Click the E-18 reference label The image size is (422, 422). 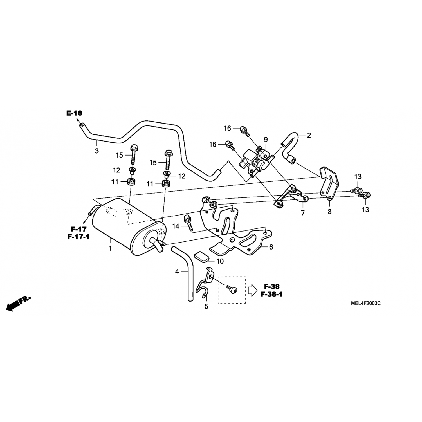point(74,113)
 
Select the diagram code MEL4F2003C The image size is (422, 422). point(366,303)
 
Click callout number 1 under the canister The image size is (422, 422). point(110,248)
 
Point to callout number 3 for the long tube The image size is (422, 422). point(97,151)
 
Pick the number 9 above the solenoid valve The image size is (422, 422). point(266,140)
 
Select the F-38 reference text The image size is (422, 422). point(271,287)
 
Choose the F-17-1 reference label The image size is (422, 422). point(78,237)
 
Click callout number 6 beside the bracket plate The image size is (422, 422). point(271,247)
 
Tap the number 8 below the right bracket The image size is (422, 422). point(329,212)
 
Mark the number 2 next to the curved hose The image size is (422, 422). point(309,135)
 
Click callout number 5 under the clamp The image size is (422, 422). point(206,307)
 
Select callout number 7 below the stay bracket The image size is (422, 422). point(303,213)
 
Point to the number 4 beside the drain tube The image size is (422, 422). point(177,271)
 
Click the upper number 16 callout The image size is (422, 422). point(227,128)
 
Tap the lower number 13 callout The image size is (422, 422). point(365,209)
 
